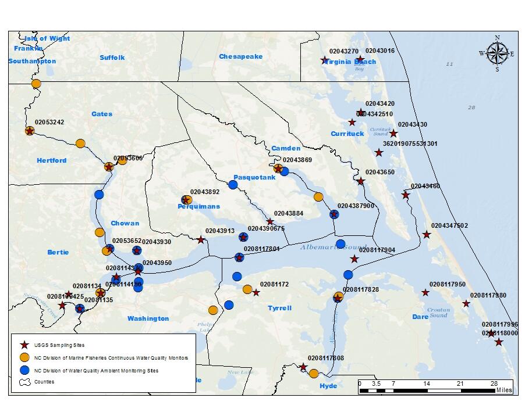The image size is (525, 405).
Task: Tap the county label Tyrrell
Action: (x=279, y=308)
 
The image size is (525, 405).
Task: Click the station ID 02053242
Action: (x=49, y=122)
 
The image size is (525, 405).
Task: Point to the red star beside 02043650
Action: (x=361, y=181)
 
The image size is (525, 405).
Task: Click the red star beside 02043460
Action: (x=406, y=195)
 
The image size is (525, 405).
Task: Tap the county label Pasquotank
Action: (x=254, y=177)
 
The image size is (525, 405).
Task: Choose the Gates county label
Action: (x=102, y=114)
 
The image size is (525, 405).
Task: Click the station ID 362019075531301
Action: (x=410, y=144)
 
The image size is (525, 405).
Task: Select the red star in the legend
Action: (x=24, y=345)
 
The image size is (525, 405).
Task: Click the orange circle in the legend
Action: (x=24, y=357)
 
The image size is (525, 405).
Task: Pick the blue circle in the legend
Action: (x=24, y=370)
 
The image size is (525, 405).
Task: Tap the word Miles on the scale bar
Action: (x=504, y=390)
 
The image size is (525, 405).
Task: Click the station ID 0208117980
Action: (x=488, y=295)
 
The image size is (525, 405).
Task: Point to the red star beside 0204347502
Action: (x=427, y=235)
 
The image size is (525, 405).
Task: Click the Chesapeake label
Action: (x=240, y=56)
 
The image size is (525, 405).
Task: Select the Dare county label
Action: (x=420, y=317)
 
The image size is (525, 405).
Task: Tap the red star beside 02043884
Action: (x=270, y=221)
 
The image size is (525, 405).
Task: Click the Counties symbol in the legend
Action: (x=24, y=382)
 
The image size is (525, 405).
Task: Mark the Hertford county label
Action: (x=52, y=160)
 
